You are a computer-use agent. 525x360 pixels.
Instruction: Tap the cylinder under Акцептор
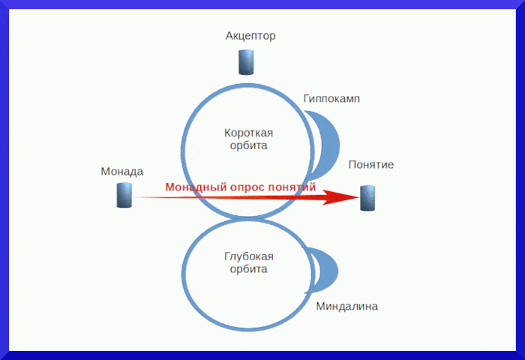[246, 62]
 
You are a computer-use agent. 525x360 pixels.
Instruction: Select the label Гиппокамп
[331, 98]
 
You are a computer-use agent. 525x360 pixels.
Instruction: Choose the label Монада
[121, 171]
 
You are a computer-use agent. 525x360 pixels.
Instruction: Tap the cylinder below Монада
[124, 195]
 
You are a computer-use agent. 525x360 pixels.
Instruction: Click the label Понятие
[370, 165]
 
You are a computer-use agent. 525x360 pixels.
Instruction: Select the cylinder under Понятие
[367, 197]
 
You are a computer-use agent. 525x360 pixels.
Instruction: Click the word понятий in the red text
[294, 187]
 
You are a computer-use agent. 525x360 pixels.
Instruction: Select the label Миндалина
[346, 306]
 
